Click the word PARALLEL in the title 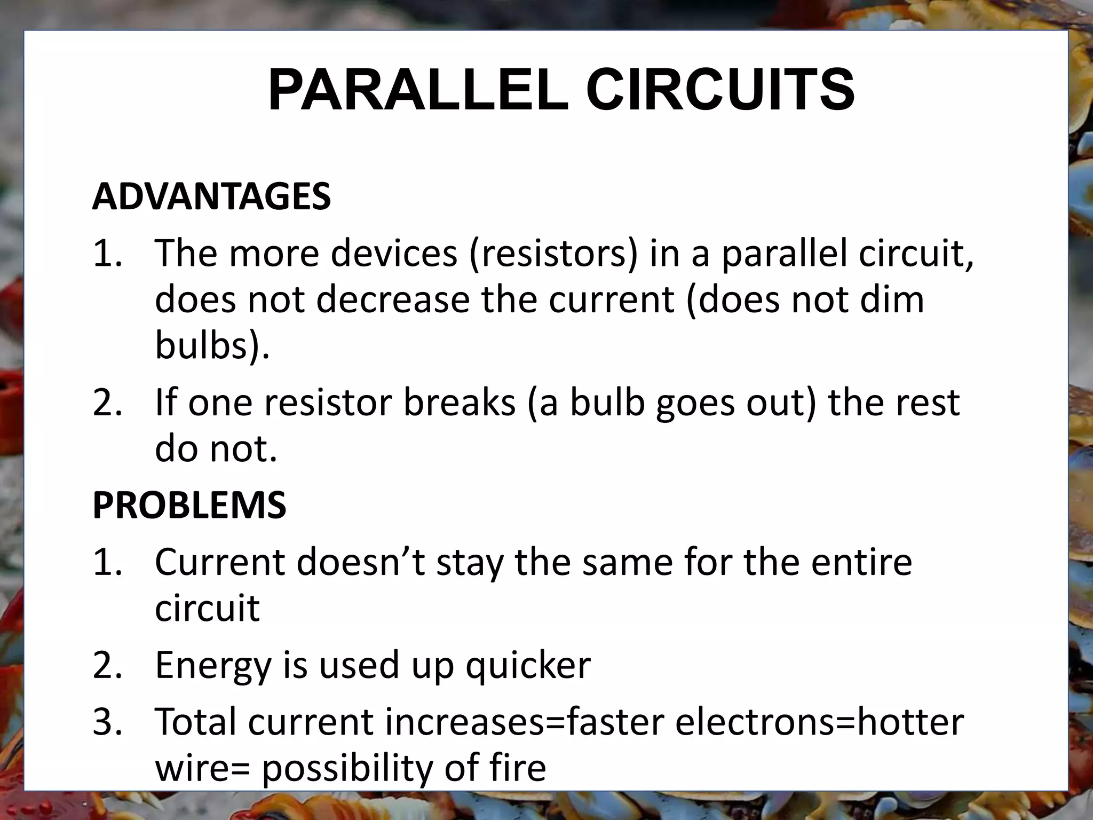pos(418,90)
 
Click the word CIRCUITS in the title pos(720,90)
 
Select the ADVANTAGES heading pos(211,196)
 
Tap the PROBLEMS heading pos(189,505)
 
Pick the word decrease pos(393,299)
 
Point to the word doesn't pos(361,562)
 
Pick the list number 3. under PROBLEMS pos(107,722)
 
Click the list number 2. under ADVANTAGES pos(107,403)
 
